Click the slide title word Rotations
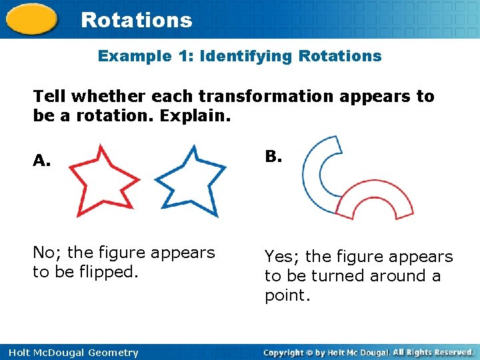click(x=136, y=20)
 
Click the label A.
click(x=41, y=161)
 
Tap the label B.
click(x=273, y=157)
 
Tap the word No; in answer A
click(x=47, y=253)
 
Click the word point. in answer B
click(x=287, y=295)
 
